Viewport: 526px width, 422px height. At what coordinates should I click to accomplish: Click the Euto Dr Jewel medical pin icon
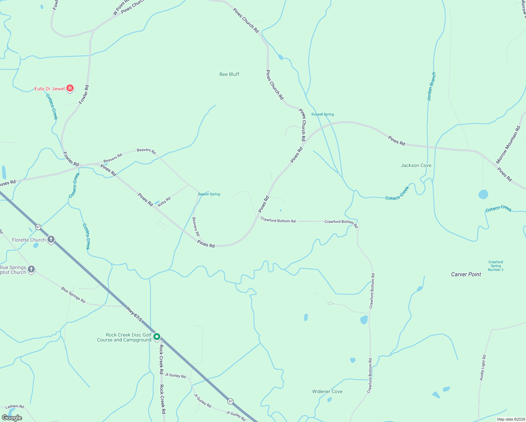click(70, 88)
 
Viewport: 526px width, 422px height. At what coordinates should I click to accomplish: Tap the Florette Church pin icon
click(51, 240)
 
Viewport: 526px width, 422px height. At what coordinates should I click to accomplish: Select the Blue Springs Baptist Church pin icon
click(31, 269)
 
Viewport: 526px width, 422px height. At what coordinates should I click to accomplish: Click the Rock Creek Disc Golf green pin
click(157, 337)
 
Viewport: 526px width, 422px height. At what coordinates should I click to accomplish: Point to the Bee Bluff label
click(229, 74)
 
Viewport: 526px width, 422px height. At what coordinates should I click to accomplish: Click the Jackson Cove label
click(416, 165)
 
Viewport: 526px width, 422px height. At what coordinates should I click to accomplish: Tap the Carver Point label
click(466, 274)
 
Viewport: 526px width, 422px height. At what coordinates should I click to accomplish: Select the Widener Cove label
click(327, 391)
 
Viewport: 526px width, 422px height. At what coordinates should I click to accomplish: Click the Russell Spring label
click(322, 114)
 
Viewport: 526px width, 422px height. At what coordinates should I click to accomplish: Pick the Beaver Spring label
click(209, 194)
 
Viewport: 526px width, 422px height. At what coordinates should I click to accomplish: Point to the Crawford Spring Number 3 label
click(495, 266)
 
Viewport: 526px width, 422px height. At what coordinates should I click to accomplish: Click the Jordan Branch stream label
click(431, 87)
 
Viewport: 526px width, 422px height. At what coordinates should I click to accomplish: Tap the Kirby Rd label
click(164, 202)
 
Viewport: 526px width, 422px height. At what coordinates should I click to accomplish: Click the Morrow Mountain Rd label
click(508, 145)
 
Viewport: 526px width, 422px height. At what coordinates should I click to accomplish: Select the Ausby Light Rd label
click(483, 367)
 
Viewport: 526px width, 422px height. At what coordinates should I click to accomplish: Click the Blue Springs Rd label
click(73, 295)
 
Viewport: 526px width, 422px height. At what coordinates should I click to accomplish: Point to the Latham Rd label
click(14, 407)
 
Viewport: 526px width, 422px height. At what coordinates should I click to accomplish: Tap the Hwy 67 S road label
click(135, 314)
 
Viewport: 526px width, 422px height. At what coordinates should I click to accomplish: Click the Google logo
click(12, 417)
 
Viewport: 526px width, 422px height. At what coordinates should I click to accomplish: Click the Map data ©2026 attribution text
click(510, 419)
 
